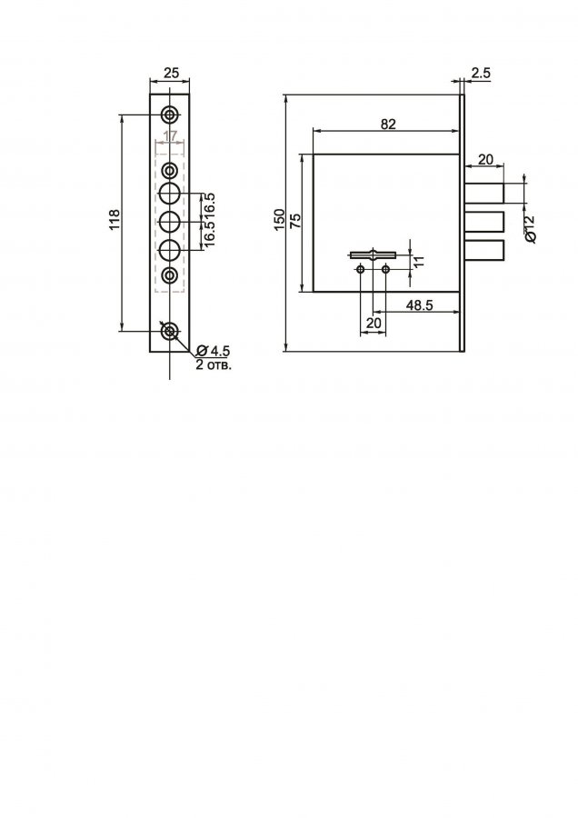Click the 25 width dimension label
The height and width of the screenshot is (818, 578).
click(x=171, y=73)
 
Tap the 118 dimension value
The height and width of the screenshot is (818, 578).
click(x=115, y=219)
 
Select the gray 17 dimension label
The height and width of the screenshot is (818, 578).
click(x=170, y=136)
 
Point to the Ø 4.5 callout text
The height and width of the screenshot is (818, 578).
click(x=214, y=350)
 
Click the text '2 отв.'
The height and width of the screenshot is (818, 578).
click(x=214, y=364)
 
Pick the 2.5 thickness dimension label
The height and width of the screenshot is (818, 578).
click(x=481, y=73)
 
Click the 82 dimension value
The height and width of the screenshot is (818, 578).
click(x=388, y=125)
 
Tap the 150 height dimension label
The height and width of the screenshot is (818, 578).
click(x=280, y=220)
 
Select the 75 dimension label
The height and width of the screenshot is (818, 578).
click(x=295, y=221)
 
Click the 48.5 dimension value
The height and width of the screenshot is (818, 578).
click(x=420, y=305)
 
